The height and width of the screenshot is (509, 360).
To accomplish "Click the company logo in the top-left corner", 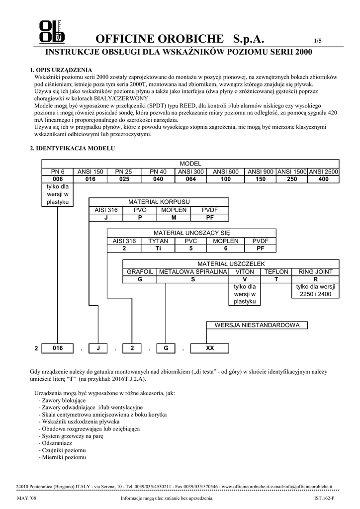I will (52, 32).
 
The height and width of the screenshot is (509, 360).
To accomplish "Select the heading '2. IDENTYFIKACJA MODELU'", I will (73, 149).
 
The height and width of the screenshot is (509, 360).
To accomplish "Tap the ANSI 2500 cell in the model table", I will (323, 171).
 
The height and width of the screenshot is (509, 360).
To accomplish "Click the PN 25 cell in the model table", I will (124, 171).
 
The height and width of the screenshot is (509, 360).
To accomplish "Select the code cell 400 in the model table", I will (323, 179).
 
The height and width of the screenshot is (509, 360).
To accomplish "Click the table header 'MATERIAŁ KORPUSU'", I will (159, 202).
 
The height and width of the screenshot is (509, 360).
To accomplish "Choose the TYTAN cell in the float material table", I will (159, 241).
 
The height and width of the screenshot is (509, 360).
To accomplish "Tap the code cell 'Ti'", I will (159, 248).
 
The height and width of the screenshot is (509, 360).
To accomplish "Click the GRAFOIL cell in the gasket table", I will (140, 272).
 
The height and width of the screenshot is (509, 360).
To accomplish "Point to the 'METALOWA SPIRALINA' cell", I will (192, 272).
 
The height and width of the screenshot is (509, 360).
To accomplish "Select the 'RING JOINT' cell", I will (316, 272).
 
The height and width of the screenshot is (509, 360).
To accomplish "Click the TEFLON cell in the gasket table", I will (276, 272).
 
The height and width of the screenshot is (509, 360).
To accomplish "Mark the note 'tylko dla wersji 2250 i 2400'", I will (316, 290).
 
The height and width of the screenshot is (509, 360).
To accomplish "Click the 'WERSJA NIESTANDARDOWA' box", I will (257, 325).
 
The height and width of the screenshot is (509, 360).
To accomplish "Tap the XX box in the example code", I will (210, 348).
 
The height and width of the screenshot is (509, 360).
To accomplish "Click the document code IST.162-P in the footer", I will (324, 498).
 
